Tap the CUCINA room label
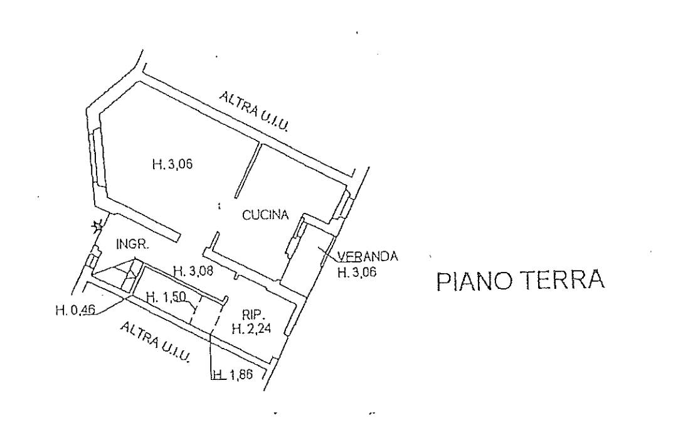[x=265, y=215]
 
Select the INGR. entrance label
[x=132, y=245]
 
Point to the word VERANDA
[x=368, y=256]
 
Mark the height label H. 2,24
[x=251, y=328]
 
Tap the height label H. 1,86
[x=232, y=376]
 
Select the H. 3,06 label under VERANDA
[x=357, y=273]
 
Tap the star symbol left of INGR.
[x=97, y=225]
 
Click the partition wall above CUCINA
[x=247, y=170]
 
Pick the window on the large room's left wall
[x=97, y=157]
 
